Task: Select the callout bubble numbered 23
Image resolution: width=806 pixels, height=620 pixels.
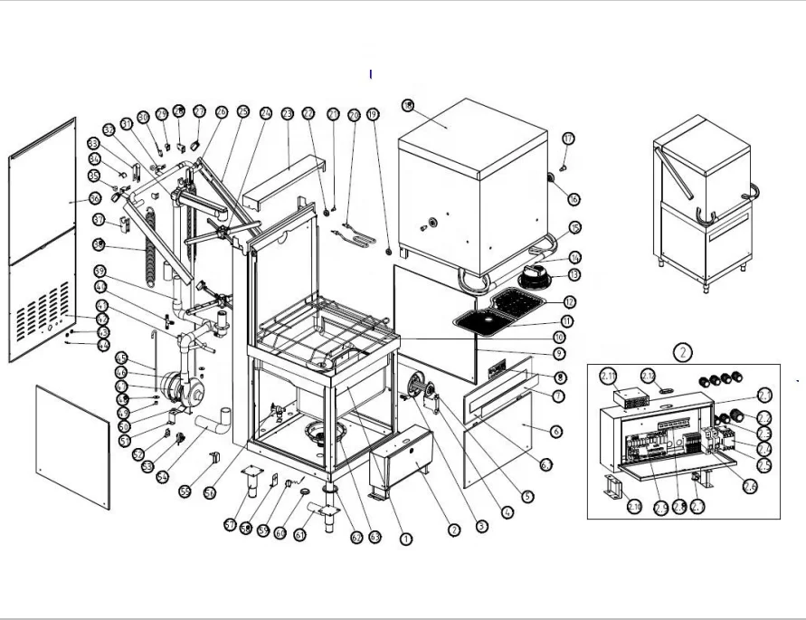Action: click(287, 114)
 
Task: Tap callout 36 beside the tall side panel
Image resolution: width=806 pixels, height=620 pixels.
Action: click(94, 197)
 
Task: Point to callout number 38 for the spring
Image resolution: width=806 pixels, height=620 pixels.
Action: click(99, 243)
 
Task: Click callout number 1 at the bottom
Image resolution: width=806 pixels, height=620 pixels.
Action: click(406, 539)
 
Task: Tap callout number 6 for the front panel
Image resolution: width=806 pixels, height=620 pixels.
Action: click(555, 432)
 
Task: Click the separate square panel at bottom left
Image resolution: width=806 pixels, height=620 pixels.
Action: click(73, 444)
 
